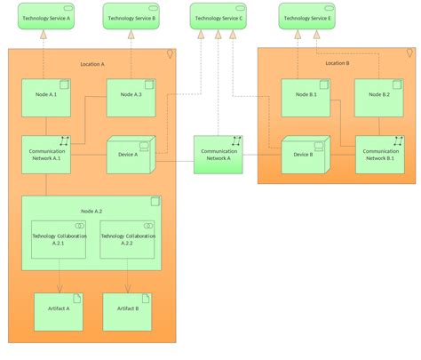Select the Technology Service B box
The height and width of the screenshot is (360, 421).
coord(131,16)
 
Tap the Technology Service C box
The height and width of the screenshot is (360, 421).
coord(218,16)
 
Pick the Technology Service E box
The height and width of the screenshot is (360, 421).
coord(306,16)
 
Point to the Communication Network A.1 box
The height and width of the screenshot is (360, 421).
coord(46,155)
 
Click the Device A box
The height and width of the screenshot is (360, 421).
coord(131,156)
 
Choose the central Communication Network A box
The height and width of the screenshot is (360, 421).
coord(219,155)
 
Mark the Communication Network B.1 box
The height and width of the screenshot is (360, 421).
coord(380,155)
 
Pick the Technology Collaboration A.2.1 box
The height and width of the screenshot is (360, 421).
coord(59,240)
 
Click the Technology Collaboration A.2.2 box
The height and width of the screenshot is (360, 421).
coord(127,240)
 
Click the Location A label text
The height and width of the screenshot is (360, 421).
coord(91,64)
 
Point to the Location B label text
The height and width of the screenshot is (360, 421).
coord(337,63)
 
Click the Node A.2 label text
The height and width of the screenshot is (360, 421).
coord(92,211)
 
